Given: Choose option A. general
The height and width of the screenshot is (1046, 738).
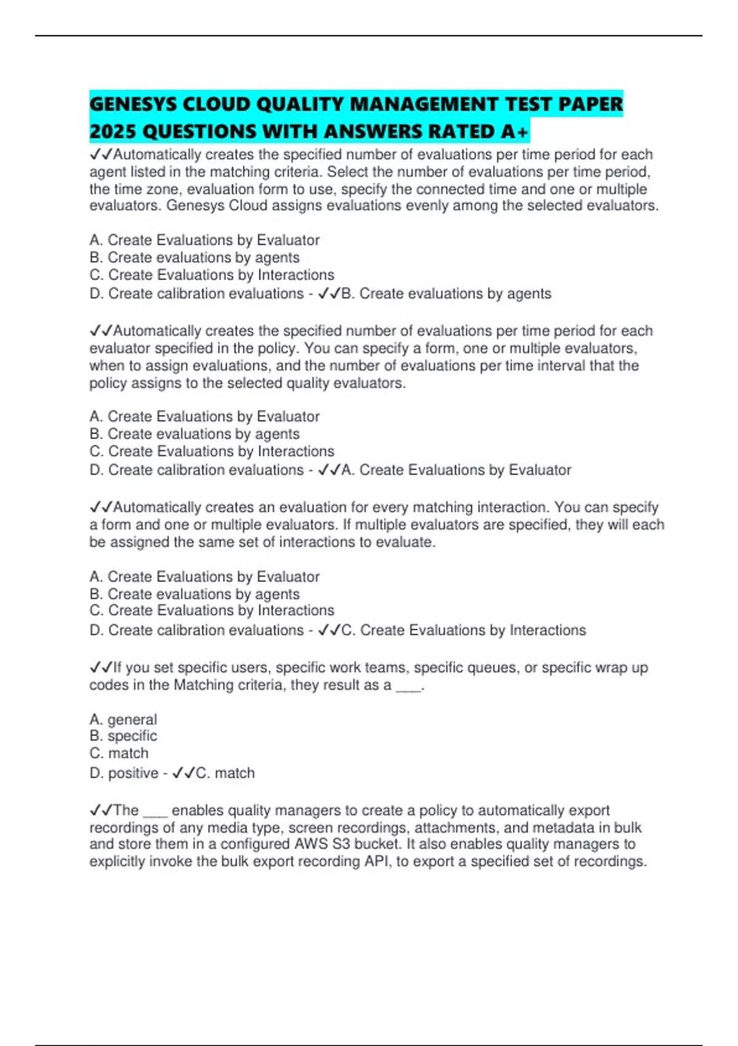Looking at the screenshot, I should (x=123, y=719).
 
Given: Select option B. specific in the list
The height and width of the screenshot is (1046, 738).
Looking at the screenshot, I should (x=123, y=736).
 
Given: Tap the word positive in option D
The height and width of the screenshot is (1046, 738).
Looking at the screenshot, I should (x=133, y=773).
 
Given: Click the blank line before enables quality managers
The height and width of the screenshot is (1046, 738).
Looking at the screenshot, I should (x=155, y=810).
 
